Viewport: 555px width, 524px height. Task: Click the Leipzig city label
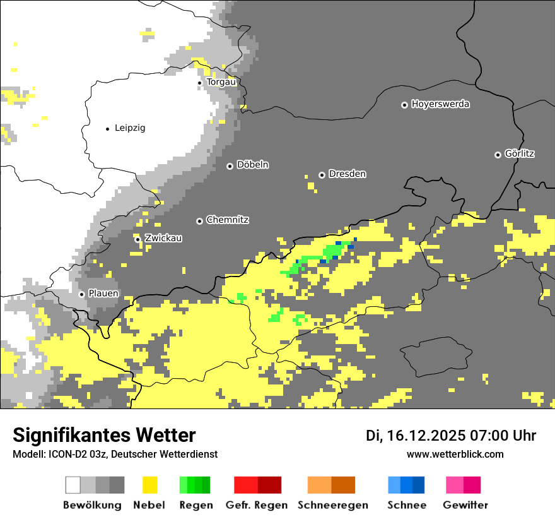130,128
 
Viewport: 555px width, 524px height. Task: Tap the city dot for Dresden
322,174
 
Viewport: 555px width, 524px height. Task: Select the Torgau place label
221,82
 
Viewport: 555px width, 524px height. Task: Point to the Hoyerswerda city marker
404,105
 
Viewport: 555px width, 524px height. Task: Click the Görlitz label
520,153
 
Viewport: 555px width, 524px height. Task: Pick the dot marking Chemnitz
199,221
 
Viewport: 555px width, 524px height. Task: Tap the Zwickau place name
163,238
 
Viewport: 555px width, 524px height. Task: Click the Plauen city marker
81,294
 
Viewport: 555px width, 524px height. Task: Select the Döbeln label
253,165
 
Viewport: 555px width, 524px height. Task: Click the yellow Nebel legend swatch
149,485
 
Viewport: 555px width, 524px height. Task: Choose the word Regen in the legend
195,505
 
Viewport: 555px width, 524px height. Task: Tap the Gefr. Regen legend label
257,505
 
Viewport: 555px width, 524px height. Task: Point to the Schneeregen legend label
333,505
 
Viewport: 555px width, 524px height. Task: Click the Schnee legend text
407,505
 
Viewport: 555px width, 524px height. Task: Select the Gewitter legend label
465,505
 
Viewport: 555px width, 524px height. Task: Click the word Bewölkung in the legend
92,505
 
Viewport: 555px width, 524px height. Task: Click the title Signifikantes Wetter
104,435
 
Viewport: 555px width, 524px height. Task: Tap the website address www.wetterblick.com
455,454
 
